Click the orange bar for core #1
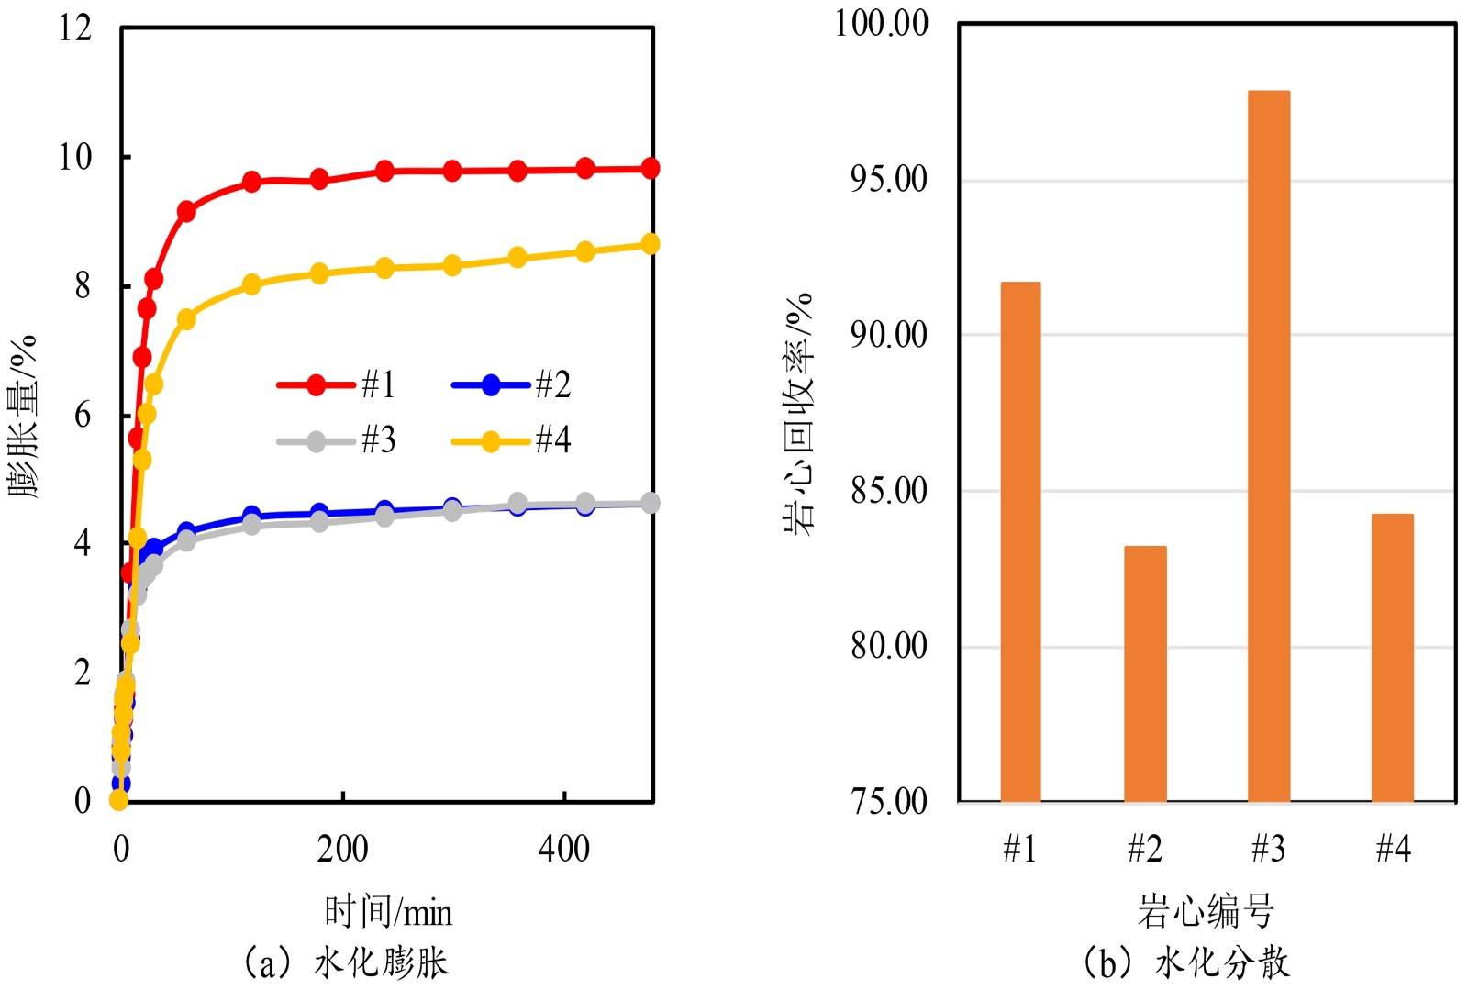tap(1020, 541)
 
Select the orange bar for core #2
tap(1145, 673)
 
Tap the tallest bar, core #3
tap(1269, 446)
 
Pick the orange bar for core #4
tap(1392, 657)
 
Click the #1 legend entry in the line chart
tap(337, 384)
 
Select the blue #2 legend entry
tap(511, 384)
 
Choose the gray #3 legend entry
tap(337, 441)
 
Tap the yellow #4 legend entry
tap(511, 441)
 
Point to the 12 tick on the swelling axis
tap(75, 28)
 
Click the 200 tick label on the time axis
tap(342, 850)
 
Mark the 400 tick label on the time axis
tap(563, 850)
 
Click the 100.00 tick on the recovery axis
tap(881, 23)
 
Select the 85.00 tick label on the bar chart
tap(888, 491)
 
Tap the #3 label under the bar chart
tap(1269, 850)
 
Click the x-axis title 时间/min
tap(388, 912)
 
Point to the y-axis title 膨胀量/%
tap(22, 416)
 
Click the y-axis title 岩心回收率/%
tap(799, 413)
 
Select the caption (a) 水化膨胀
tap(346, 962)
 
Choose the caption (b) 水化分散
tap(1186, 962)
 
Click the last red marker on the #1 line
tap(650, 168)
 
